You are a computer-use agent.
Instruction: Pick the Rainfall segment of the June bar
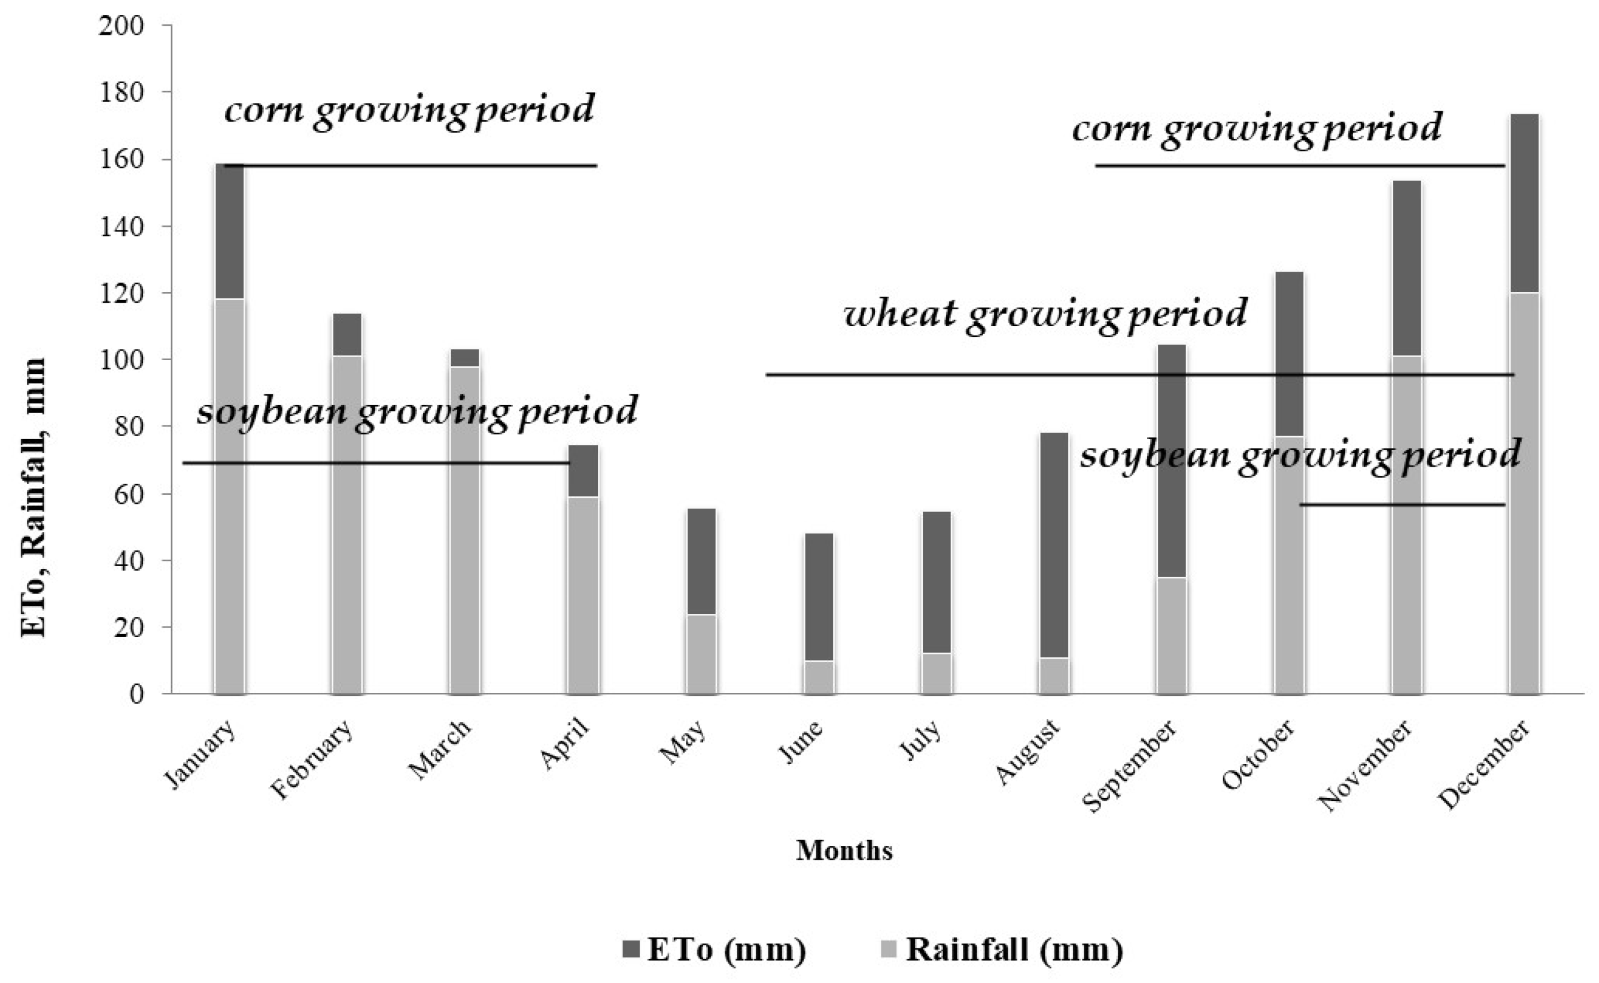click(819, 677)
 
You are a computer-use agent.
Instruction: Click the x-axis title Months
click(844, 850)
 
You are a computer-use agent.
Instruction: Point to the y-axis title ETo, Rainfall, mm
click(34, 497)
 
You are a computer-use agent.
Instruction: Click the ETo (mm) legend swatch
click(631, 949)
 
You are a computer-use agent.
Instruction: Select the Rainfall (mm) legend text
click(1014, 949)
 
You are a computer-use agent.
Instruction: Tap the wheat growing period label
click(1045, 314)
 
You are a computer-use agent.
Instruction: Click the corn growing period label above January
click(410, 109)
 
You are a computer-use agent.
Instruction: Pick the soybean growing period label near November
click(1300, 455)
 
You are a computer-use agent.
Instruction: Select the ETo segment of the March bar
click(465, 358)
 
